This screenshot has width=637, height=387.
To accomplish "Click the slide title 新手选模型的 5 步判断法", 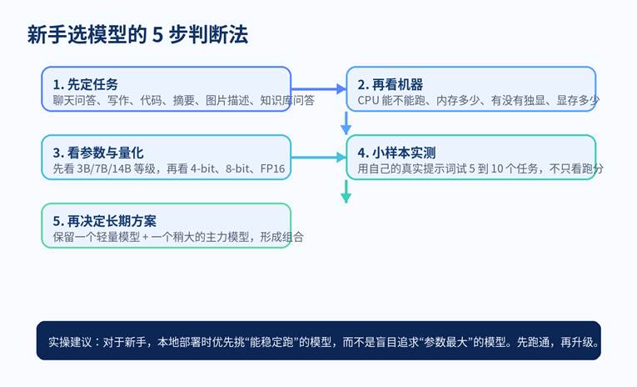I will [137, 35].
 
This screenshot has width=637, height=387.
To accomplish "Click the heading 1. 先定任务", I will [85, 84].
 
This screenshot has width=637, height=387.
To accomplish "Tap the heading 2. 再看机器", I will [390, 84].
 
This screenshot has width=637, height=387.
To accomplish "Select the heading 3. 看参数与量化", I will [97, 153].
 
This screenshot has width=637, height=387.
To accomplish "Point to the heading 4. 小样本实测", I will [396, 153].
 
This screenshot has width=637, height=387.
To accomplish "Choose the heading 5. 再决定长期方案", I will [103, 221].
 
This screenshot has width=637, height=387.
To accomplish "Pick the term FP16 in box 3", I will [271, 168].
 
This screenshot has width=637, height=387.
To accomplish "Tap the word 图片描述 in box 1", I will [224, 100].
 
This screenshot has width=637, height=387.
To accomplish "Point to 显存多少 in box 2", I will [577, 100].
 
